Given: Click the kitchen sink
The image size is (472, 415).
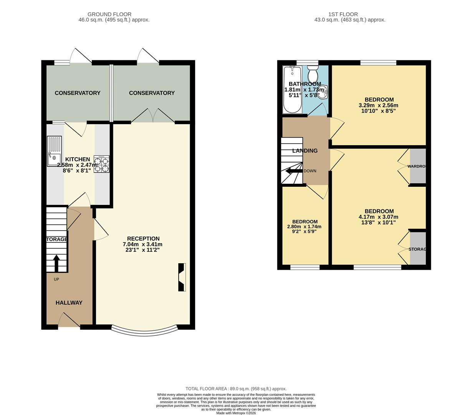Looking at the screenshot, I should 54,151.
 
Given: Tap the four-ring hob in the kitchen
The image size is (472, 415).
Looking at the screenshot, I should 101,164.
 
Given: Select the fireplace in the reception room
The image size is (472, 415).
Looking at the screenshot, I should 182,277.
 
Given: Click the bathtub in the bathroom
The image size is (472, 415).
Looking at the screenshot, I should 293,90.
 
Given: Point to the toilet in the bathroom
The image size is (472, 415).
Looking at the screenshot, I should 313,74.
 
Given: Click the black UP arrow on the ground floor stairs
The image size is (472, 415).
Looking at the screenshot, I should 56,263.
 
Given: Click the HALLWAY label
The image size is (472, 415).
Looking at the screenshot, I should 69,303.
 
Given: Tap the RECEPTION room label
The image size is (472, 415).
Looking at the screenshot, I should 143,239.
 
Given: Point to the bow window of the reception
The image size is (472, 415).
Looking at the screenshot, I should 144,332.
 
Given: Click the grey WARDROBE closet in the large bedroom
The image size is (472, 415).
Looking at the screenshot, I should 418,166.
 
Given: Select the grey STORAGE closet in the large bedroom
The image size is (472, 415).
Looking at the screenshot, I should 418,249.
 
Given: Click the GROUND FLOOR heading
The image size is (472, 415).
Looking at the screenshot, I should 109,14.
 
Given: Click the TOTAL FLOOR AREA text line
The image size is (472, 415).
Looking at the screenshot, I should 236,389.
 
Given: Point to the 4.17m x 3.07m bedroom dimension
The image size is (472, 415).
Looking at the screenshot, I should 379,217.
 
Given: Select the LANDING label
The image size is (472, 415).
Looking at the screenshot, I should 305,151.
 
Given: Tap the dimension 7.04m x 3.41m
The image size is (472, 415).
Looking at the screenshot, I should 142,244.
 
